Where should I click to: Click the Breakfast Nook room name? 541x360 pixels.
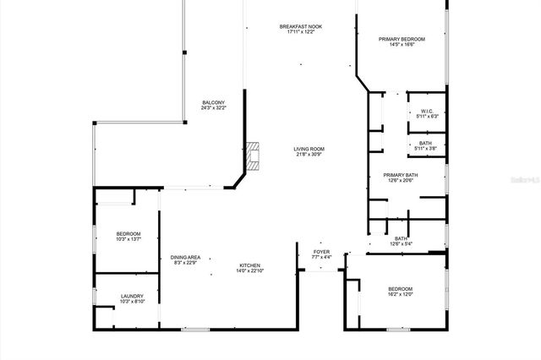point(301,26)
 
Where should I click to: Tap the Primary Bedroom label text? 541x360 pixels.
point(402,39)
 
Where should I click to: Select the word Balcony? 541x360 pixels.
point(213,102)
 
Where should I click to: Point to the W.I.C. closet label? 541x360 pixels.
point(427,111)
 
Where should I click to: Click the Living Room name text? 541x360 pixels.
point(310,149)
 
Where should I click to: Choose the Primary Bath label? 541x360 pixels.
point(402,175)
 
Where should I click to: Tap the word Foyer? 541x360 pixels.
point(321,251)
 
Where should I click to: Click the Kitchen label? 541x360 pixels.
point(249,265)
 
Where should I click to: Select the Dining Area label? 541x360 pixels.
point(186,257)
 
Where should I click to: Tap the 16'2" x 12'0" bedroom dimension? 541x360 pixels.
point(400,294)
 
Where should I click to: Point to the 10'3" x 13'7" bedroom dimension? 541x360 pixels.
point(128,239)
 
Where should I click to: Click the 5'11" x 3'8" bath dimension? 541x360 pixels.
point(427,150)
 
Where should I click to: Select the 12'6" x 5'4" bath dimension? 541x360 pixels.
point(401,244)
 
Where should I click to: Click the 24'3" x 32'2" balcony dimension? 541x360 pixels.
point(213,108)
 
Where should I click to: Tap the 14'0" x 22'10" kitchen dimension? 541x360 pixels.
point(249,271)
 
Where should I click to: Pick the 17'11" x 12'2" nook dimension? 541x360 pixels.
point(301,32)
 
